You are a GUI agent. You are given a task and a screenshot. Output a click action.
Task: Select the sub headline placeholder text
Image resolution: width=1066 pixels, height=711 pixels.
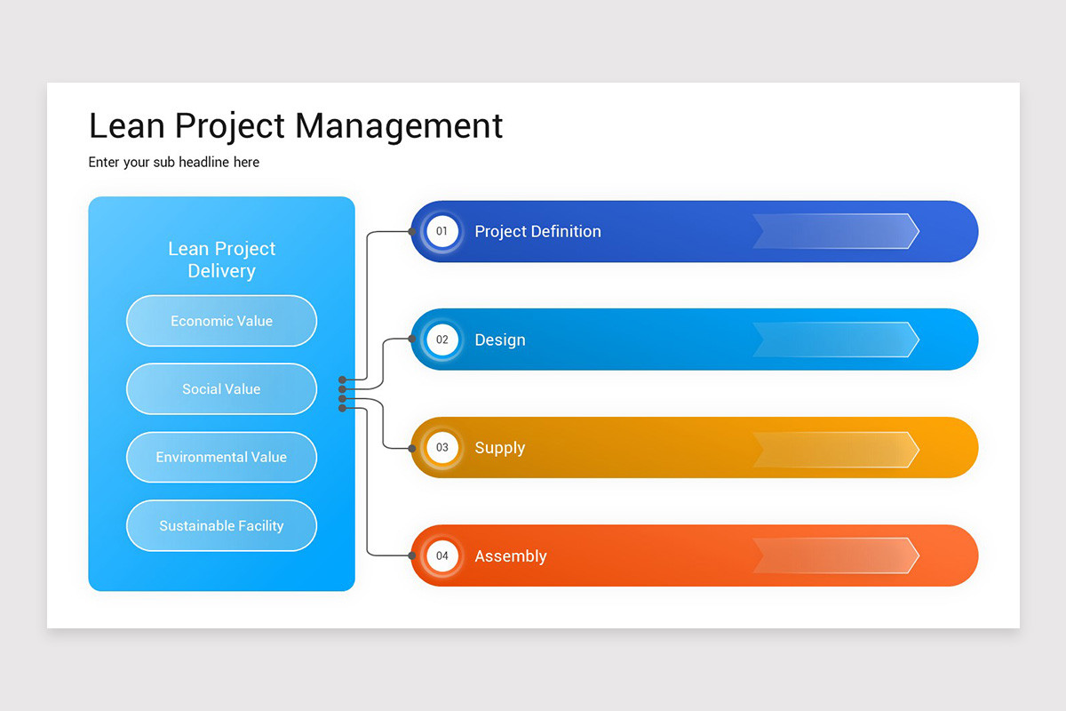(174, 162)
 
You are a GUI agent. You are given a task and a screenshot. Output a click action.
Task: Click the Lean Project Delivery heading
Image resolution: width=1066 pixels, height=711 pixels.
(221, 260)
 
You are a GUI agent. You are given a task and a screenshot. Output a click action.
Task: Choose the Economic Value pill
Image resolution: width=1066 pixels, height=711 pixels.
(221, 321)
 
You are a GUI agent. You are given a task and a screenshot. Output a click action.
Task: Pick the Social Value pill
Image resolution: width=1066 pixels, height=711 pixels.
(221, 389)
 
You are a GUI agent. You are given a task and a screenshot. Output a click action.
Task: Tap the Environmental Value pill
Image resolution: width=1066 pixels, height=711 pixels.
(221, 457)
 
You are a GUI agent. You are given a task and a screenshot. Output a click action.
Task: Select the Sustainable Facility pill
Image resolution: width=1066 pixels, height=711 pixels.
(221, 525)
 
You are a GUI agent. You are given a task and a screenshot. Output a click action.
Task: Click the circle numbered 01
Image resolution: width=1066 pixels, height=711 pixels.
(442, 231)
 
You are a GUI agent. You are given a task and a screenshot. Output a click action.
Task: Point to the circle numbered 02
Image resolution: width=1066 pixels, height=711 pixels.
(442, 340)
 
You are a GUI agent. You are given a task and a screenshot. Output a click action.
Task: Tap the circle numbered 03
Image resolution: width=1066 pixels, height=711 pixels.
(442, 448)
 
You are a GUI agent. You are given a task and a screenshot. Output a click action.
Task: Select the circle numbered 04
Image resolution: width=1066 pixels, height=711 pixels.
(442, 556)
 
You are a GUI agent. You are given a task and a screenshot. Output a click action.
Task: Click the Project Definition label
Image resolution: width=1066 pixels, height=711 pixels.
(537, 231)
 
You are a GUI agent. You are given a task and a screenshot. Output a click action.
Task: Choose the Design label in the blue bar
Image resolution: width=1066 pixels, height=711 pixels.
(499, 340)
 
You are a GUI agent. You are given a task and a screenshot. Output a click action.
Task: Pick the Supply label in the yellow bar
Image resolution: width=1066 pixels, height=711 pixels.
(499, 448)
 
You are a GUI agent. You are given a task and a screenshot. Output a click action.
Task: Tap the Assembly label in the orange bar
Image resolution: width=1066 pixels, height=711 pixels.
(510, 556)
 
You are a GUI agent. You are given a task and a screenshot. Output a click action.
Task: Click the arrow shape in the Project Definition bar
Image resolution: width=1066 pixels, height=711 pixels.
(836, 231)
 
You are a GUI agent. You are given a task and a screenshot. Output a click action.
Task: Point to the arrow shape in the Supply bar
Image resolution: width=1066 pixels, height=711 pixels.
(836, 449)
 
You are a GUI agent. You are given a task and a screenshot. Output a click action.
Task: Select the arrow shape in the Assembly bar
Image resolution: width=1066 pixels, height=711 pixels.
(836, 555)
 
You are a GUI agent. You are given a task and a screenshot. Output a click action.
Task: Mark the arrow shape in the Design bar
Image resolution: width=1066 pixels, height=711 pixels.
(836, 340)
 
